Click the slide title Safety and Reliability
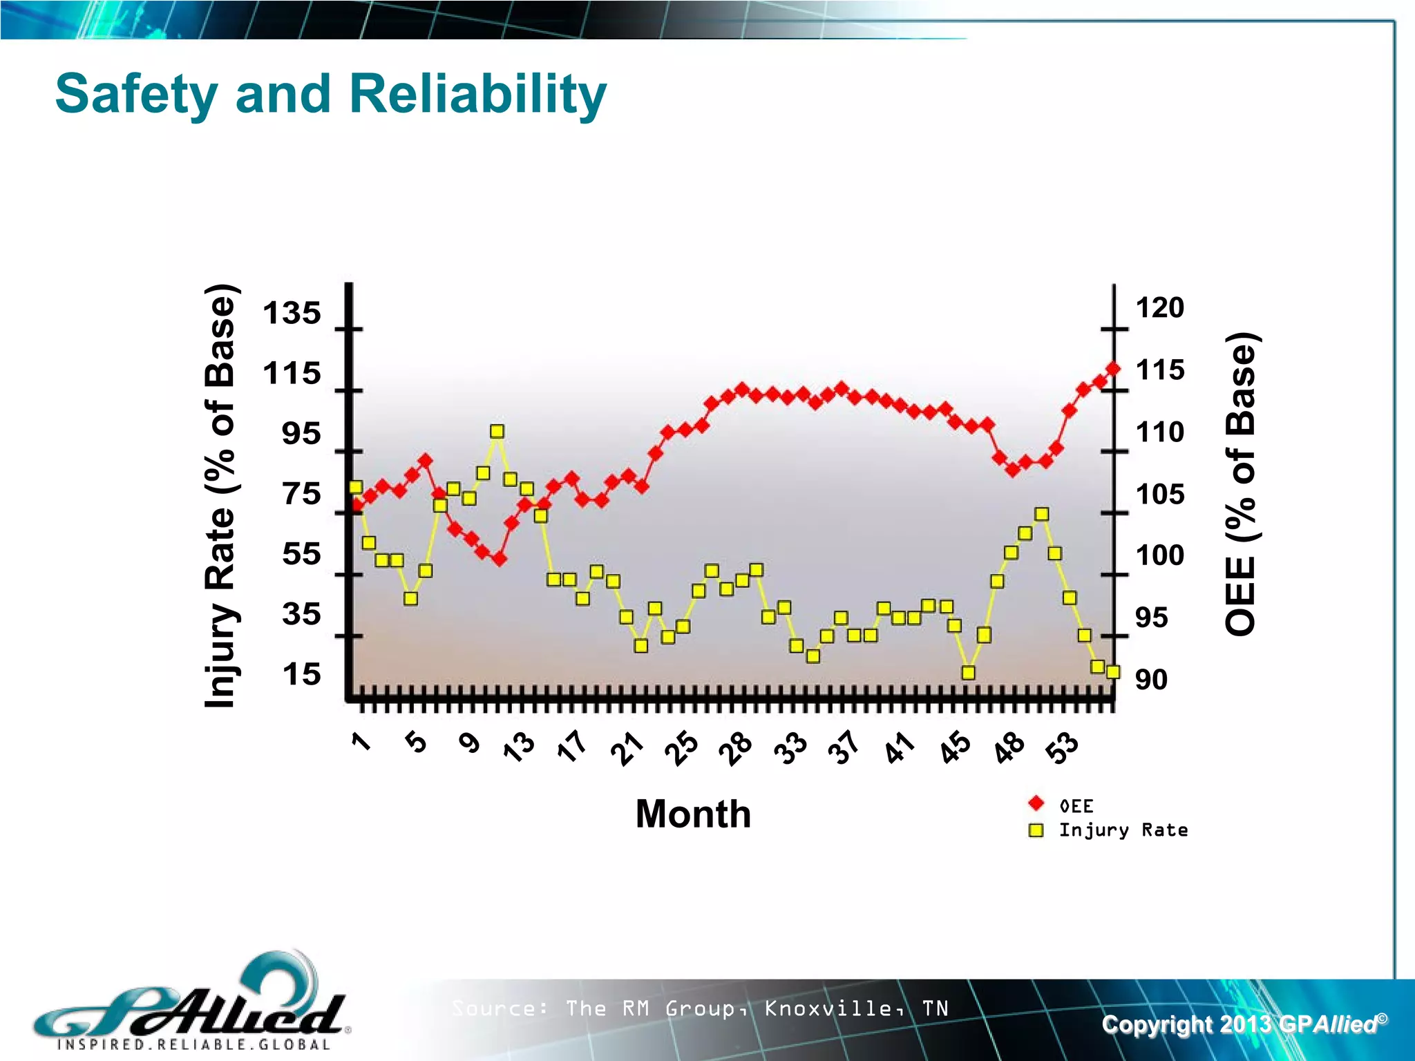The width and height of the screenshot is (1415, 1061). coord(330,94)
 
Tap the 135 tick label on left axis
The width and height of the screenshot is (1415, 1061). coord(292,313)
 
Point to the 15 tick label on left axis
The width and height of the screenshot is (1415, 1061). coord(301,674)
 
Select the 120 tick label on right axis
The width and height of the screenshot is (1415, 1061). coord(1160,307)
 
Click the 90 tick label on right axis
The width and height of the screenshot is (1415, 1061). coord(1151,680)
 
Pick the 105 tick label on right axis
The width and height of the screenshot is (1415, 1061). coord(1160,494)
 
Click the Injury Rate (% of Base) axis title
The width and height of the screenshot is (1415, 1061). coord(221,496)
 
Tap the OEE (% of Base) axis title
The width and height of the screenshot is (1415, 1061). coord(1240,484)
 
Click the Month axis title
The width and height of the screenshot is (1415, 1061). coord(693,814)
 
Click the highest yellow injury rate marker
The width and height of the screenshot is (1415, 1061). coord(497,432)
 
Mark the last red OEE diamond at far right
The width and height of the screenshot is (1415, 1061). coord(1113,369)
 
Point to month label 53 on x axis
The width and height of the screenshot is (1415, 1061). coord(1062,747)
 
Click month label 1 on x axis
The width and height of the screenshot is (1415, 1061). coord(361,742)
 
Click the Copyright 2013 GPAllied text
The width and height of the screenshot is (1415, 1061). coord(1244,1024)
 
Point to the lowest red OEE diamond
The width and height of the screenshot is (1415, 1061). coord(500,559)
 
